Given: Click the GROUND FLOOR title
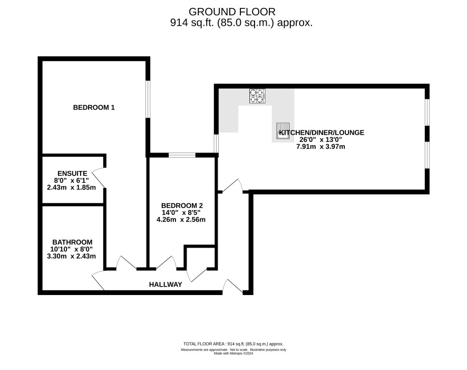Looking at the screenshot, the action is click(232, 12).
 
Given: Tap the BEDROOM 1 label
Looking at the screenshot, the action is click(94, 107).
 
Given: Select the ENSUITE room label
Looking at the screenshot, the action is click(72, 173).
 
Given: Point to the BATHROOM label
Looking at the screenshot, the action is click(72, 242).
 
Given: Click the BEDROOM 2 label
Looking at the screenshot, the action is click(182, 205).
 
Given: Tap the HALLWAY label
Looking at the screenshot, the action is click(166, 284).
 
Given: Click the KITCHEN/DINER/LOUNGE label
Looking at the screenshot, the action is click(322, 132).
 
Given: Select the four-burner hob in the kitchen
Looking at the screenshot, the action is click(257, 96).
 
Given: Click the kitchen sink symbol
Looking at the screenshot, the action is click(283, 131).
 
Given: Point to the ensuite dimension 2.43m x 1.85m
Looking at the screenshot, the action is click(72, 187).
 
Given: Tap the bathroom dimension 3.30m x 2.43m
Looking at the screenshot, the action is click(72, 256).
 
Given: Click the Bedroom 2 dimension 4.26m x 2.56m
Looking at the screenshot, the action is click(181, 220).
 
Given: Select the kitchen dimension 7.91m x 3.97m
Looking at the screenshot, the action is click(321, 147).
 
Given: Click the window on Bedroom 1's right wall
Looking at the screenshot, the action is click(148, 99).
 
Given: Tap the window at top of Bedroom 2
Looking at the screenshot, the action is click(182, 155).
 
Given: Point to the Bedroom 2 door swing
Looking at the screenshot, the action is click(166, 263).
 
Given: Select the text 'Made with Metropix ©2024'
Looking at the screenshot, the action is click(234, 354).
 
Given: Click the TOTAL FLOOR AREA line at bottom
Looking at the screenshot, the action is click(233, 344).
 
